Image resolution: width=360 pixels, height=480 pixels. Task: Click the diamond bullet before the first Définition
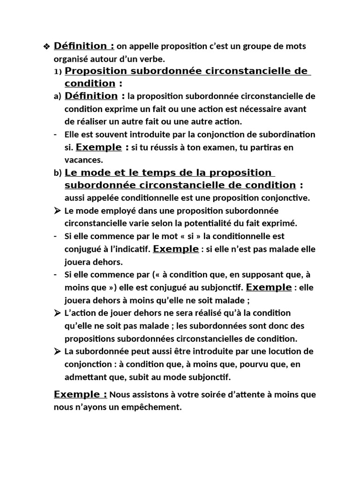pyautogui.click(x=46, y=46)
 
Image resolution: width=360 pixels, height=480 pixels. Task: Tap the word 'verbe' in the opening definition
pyautogui.click(x=154, y=59)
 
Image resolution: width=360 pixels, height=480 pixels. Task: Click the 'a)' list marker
pyautogui.click(x=58, y=97)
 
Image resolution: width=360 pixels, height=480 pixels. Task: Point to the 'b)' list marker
pyautogui.click(x=58, y=173)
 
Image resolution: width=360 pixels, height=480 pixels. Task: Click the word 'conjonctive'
pyautogui.click(x=288, y=198)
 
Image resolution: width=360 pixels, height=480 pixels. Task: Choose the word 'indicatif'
pyautogui.click(x=133, y=249)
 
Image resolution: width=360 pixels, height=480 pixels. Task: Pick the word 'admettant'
pyautogui.click(x=85, y=377)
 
